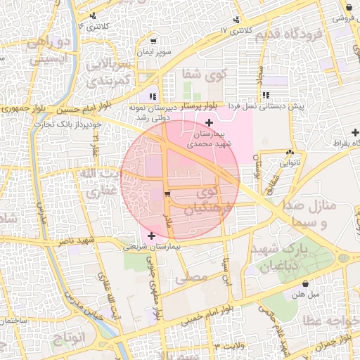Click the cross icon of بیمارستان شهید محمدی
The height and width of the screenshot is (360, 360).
click(x=208, y=122)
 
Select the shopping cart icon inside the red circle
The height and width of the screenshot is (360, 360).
click(x=167, y=193)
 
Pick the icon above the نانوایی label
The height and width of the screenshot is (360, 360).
click(x=290, y=152)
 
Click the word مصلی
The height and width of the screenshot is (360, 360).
click(x=194, y=277)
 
